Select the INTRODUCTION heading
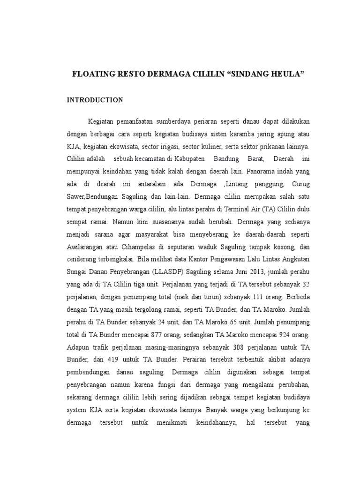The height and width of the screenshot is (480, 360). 95,100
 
